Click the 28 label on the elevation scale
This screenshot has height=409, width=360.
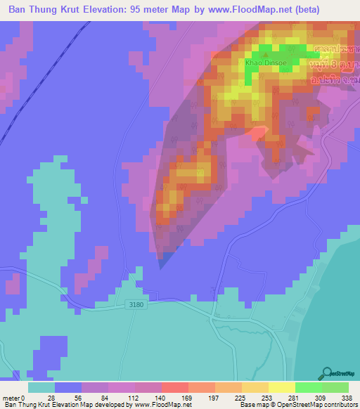(51, 398)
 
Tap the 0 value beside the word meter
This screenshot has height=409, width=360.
(22, 398)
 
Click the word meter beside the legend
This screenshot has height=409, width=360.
(11, 398)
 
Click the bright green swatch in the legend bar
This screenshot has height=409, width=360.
(308, 387)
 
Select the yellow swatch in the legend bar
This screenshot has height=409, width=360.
(281, 387)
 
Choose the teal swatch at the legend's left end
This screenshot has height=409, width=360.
(41, 387)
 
